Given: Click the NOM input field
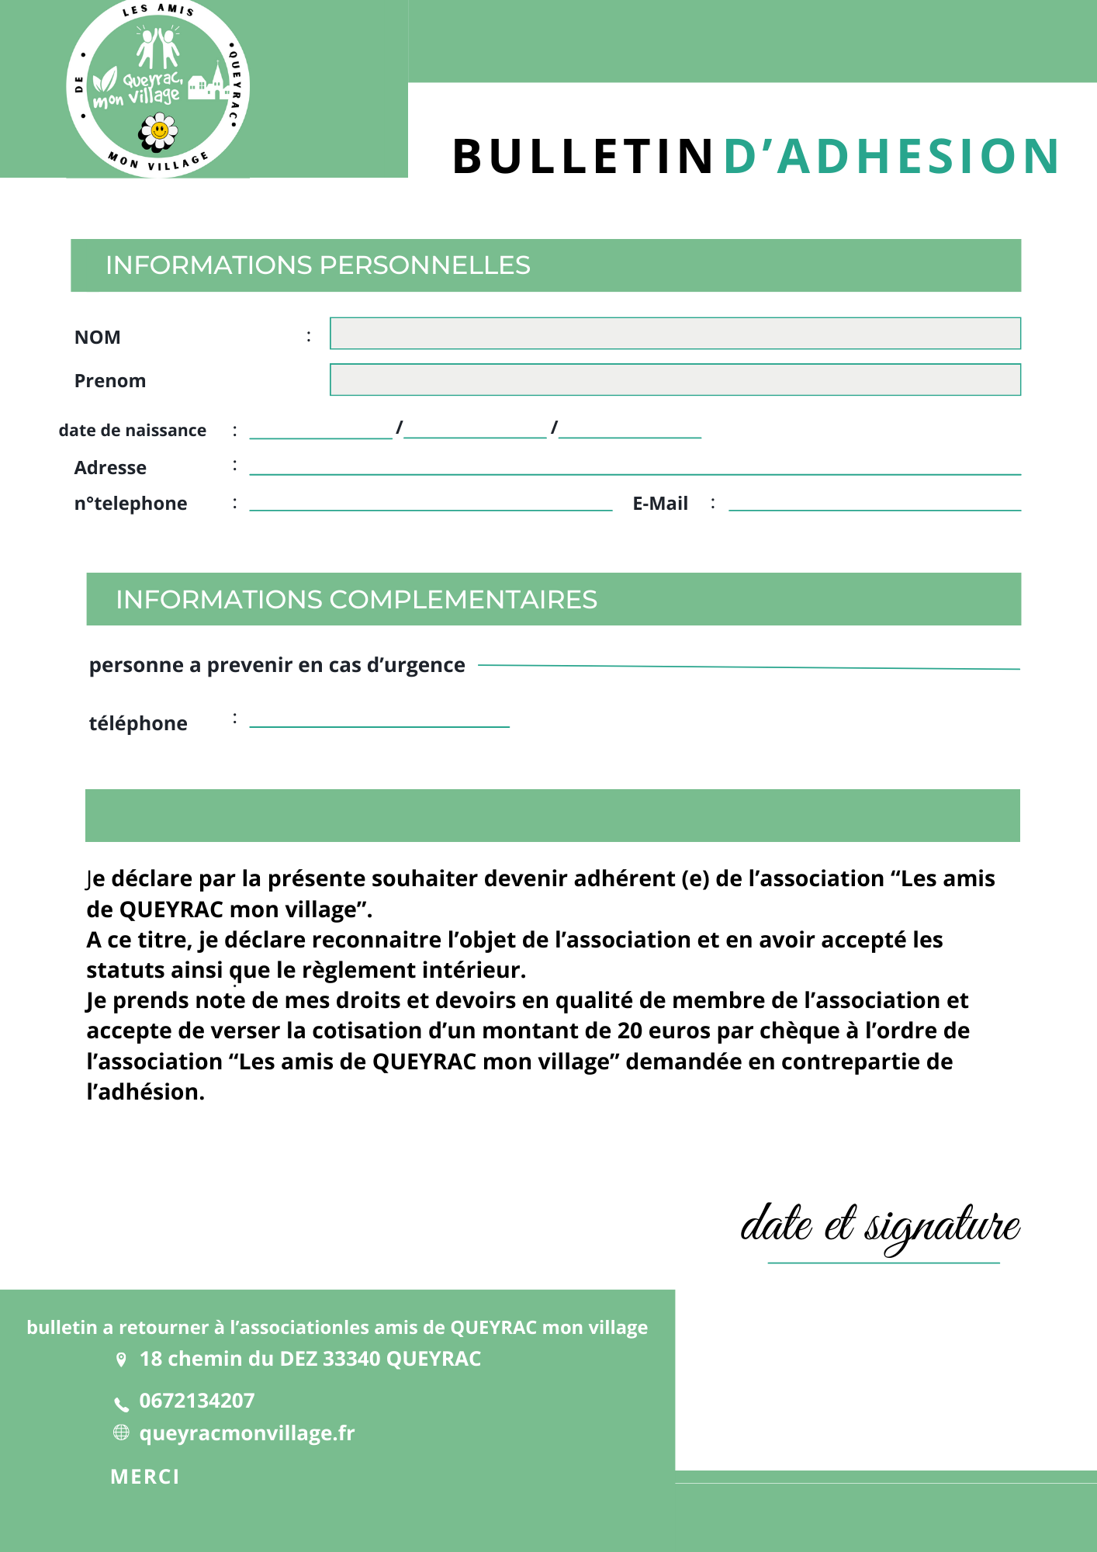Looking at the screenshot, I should [675, 334].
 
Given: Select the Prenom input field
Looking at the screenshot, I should [675, 379].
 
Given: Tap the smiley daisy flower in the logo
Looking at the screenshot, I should [159, 131].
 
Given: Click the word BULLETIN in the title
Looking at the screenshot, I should [583, 156].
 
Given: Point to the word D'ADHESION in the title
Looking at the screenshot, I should [891, 156].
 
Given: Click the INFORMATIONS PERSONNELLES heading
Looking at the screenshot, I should [318, 265].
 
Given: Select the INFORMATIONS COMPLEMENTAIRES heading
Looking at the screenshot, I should [356, 600].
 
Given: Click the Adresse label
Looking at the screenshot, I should [110, 468].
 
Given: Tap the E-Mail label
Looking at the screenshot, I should [660, 504].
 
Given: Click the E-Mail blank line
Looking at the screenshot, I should [874, 508].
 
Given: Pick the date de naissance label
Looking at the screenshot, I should [133, 431].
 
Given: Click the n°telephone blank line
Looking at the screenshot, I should [431, 508].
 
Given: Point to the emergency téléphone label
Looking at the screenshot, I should [138, 723].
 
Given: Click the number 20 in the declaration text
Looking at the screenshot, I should [630, 1031].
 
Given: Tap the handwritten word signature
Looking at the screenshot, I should [942, 1227].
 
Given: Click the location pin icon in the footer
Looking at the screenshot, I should [121, 1360].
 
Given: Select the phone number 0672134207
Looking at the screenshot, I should [197, 1401].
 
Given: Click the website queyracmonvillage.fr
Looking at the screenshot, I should [247, 1433].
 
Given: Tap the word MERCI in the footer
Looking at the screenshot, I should [145, 1477].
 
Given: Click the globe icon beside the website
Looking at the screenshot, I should [121, 1432].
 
